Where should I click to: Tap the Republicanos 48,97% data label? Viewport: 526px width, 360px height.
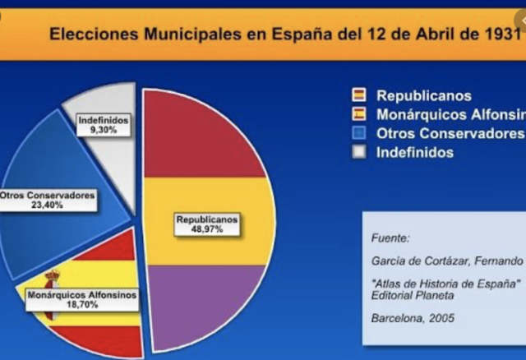click(207, 224)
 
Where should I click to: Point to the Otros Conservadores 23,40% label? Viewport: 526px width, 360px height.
click(48, 200)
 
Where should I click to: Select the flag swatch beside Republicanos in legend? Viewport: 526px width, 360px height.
click(358, 95)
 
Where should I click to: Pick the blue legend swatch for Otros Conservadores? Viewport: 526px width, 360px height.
click(358, 133)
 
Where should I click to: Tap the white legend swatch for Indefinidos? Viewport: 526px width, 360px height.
click(358, 152)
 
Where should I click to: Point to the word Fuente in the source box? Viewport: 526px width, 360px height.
click(390, 238)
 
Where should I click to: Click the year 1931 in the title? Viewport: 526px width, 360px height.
click(501, 35)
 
